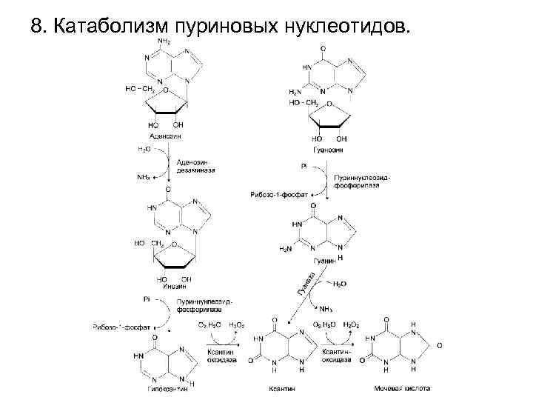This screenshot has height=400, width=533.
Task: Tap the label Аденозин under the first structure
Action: pos(164,136)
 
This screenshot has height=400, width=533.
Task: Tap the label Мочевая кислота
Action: pos(400,388)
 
